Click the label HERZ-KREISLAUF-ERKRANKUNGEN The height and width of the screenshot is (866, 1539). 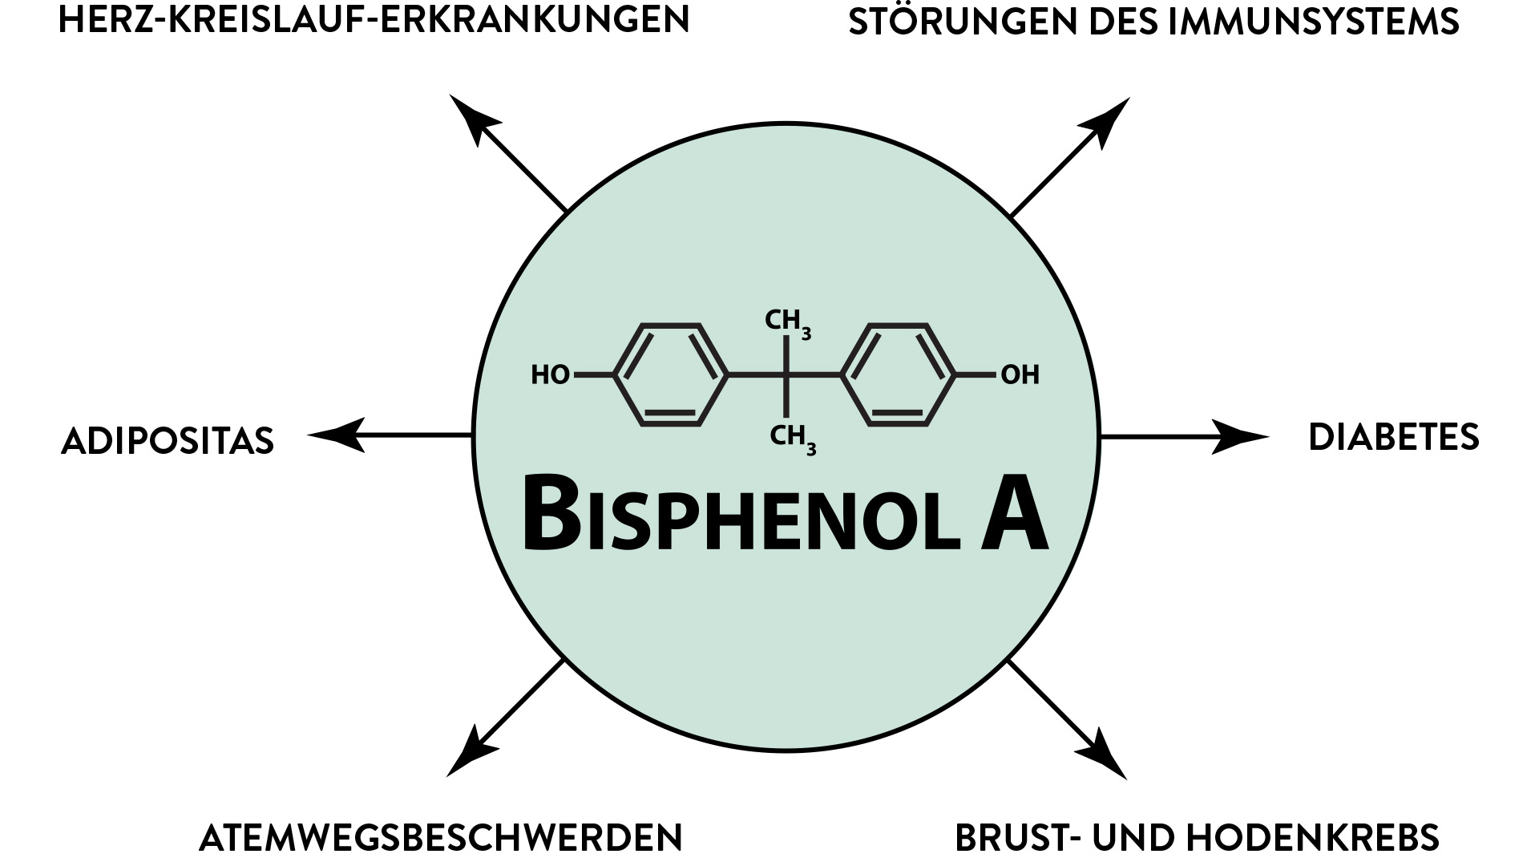pyautogui.click(x=374, y=21)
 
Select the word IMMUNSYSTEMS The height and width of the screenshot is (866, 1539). pyautogui.click(x=1314, y=22)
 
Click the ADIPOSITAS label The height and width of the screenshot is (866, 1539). pyautogui.click(x=168, y=441)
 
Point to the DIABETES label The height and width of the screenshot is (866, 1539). pyautogui.click(x=1393, y=438)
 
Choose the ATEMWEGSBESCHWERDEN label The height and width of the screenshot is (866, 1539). pyautogui.click(x=440, y=838)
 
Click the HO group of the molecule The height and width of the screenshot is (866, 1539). pyautogui.click(x=550, y=374)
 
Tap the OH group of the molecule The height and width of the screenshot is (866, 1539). pyautogui.click(x=1020, y=374)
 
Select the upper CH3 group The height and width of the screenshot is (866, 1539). pyautogui.click(x=787, y=322)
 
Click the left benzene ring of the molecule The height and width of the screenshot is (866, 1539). pyautogui.click(x=670, y=374)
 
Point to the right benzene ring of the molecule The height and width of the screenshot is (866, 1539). pyautogui.click(x=899, y=374)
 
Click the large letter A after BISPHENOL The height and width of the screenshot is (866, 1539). pyautogui.click(x=1014, y=513)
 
